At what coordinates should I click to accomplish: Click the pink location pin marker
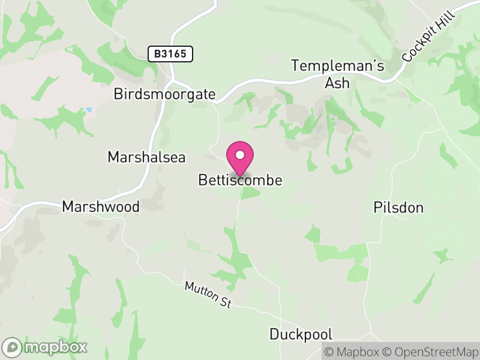pos(240,159)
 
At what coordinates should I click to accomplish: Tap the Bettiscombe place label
pos(240,180)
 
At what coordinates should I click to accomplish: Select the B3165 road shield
pos(170,54)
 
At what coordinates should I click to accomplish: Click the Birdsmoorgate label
pos(164,94)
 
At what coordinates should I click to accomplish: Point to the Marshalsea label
pos(146,157)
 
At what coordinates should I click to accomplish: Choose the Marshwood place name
pos(101,207)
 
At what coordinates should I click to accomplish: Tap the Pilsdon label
pos(398,208)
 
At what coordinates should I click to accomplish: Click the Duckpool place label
pos(301,334)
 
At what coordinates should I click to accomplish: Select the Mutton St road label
pos(208,295)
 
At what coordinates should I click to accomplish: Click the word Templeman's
pos(337,66)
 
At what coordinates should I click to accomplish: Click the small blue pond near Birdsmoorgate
pos(89,110)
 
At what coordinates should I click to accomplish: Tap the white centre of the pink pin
pos(240,155)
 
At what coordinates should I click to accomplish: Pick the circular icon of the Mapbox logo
pos(13,347)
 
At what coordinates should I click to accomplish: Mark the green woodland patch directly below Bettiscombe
pos(250,193)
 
